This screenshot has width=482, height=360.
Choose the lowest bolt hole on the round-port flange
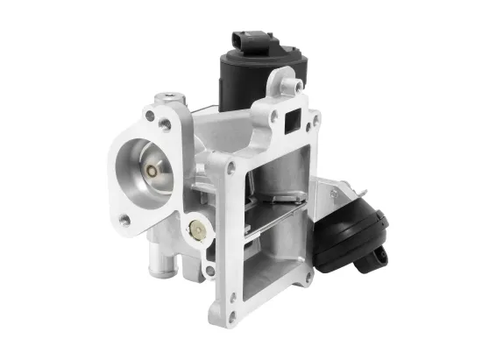[125, 221]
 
